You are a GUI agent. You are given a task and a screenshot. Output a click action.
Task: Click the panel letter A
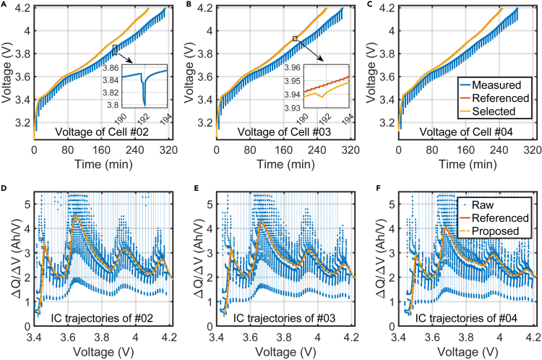click(x=5, y=5)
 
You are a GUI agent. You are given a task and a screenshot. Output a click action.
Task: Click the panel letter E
click(x=187, y=190)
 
